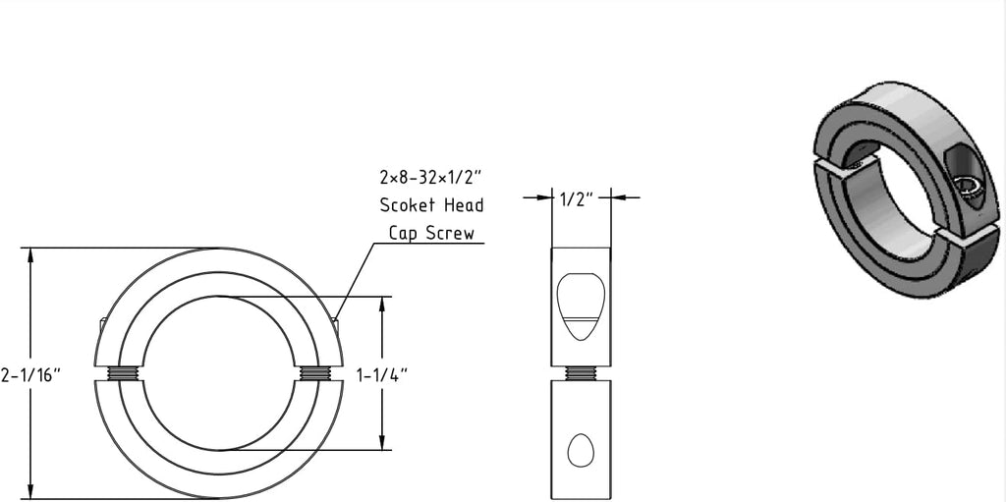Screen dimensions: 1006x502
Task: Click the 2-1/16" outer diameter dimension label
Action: [30, 375]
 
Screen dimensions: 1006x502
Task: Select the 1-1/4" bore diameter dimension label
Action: [382, 375]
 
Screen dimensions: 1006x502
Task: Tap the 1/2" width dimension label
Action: [582, 198]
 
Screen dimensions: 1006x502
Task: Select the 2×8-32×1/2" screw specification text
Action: [431, 176]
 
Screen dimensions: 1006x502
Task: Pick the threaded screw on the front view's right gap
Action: [315, 373]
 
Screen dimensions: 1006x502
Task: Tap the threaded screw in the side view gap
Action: [582, 373]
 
